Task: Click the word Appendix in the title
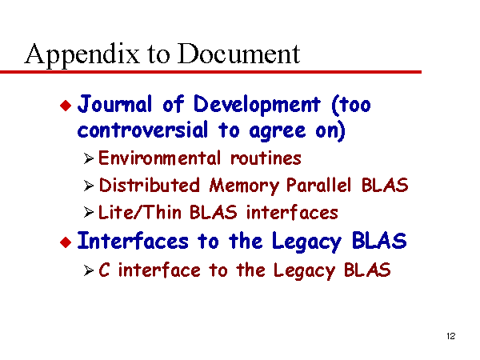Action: coord(82,54)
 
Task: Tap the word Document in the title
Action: coord(238,54)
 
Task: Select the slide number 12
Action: coord(451,336)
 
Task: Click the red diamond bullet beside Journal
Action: coord(66,106)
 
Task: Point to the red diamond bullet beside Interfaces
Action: coord(66,242)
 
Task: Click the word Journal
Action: coord(114,104)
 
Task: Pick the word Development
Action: coord(257,105)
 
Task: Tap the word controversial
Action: coord(142,130)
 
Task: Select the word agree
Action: coord(278,132)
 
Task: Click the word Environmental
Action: coord(159,158)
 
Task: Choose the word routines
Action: coord(266,158)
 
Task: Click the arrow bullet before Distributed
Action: coord(89,186)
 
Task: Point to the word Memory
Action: coord(244,186)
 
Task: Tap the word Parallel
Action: coord(318,185)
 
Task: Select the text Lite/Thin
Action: coord(139,212)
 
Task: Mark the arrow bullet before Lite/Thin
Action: coord(89,212)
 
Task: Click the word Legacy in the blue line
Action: coord(306,242)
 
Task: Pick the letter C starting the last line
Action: coord(104,270)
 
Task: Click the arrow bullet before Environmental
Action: coord(89,159)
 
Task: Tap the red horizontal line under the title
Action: coord(210,72)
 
